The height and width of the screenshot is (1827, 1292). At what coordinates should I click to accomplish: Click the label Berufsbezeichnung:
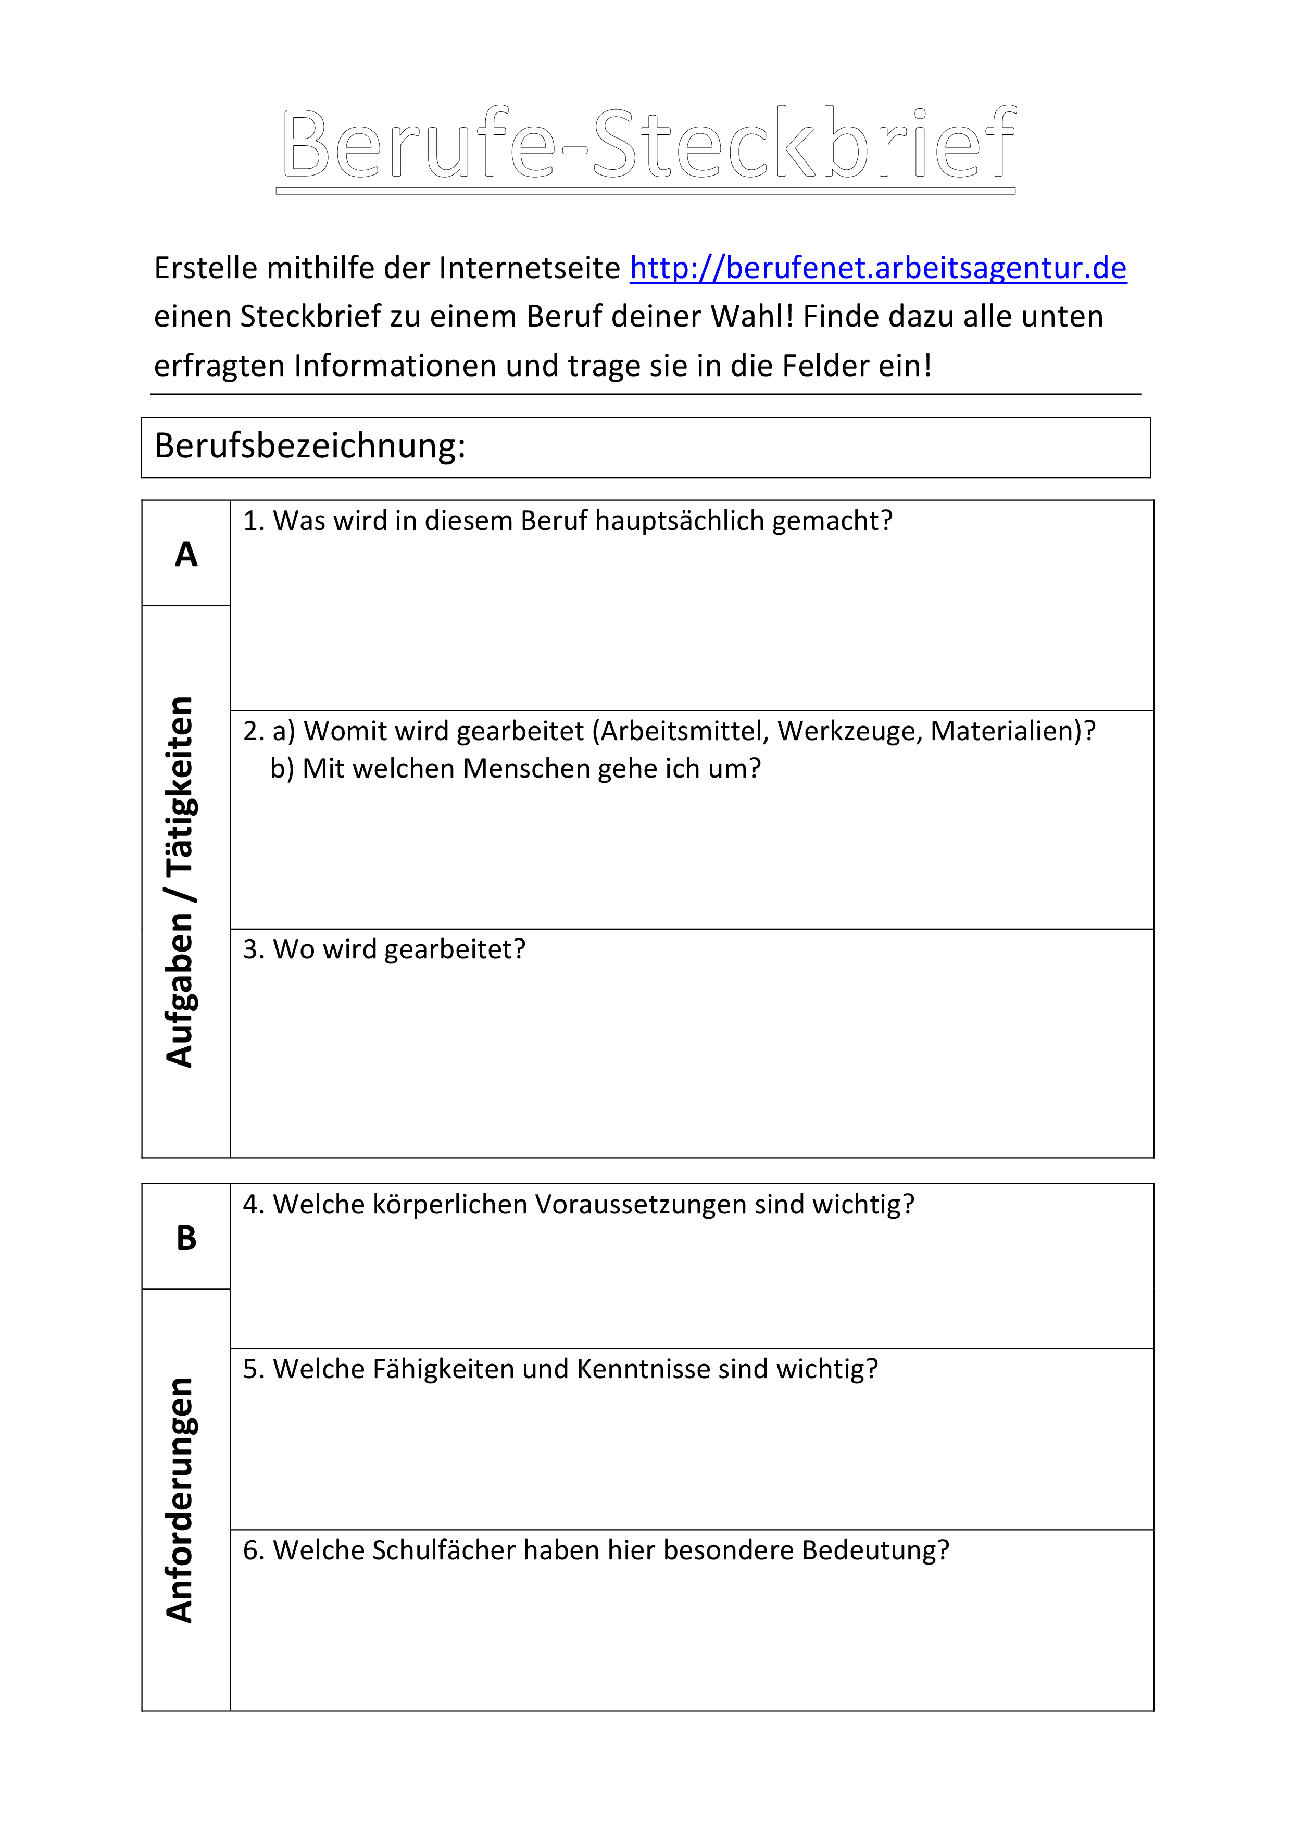point(309,446)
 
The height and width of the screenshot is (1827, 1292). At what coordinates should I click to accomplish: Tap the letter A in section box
point(186,555)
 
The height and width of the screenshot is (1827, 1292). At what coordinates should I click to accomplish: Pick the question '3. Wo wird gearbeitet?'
point(384,949)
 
